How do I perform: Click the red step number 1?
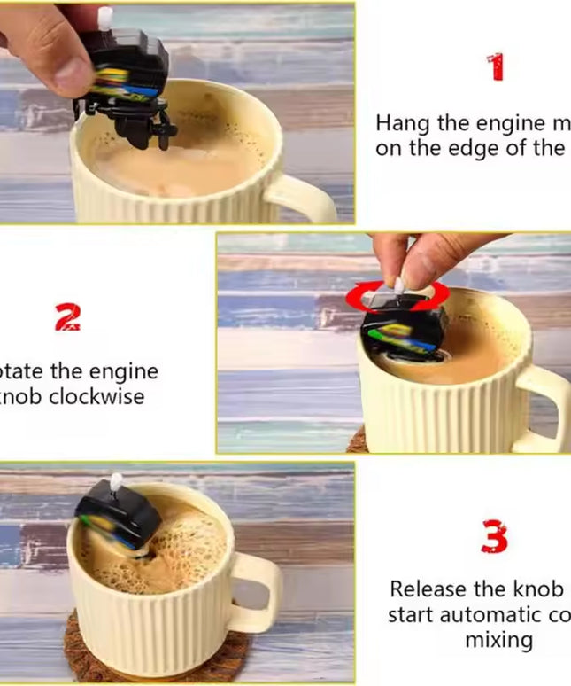tap(496, 66)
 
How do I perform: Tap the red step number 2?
tap(68, 316)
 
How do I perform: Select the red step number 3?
tap(494, 537)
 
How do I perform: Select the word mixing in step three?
tap(498, 639)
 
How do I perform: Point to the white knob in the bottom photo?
tap(115, 482)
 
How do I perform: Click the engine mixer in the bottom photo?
tap(117, 518)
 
